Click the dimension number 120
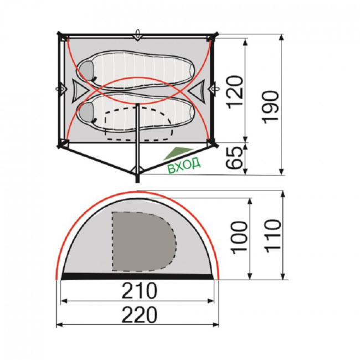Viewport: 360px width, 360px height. point(235,90)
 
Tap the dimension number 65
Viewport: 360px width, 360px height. point(235,158)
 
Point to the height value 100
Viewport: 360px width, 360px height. point(240,238)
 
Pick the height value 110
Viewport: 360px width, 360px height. point(273,236)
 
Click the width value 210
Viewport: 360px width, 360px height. point(140,290)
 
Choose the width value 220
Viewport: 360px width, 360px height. point(140,315)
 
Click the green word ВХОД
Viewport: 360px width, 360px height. point(184,165)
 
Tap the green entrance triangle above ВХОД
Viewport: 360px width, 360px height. point(177,153)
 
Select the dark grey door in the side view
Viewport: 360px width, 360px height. point(144,241)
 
